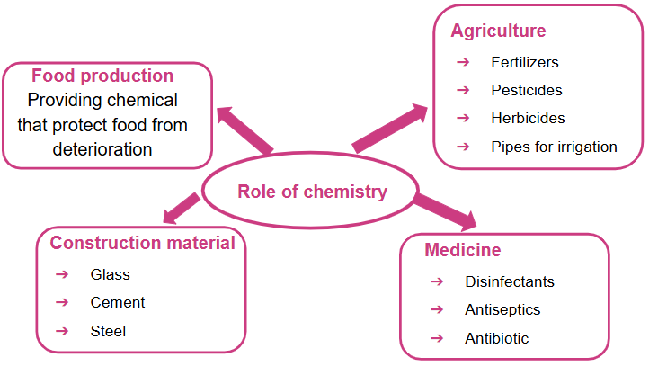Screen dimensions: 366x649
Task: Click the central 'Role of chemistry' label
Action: click(312, 192)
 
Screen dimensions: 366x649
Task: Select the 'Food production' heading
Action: click(102, 76)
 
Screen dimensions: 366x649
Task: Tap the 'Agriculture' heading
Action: click(498, 31)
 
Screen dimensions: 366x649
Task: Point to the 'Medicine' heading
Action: click(463, 250)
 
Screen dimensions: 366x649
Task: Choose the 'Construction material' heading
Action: click(142, 243)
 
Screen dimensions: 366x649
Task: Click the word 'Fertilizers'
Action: click(524, 62)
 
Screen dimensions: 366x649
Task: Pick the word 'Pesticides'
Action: click(526, 90)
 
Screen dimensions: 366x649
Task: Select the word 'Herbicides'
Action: click(528, 118)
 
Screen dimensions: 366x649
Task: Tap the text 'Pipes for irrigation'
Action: click(554, 147)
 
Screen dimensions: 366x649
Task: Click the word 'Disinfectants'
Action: click(509, 281)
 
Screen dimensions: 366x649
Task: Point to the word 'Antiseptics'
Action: click(502, 309)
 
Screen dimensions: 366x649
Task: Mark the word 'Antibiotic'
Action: click(496, 338)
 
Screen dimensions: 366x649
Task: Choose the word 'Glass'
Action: click(110, 274)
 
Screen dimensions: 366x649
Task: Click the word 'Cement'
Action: click(117, 302)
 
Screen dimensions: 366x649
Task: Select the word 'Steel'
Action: click(108, 331)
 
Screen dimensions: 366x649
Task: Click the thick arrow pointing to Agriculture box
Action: click(391, 128)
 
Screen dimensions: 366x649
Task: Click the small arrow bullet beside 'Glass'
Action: click(61, 274)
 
